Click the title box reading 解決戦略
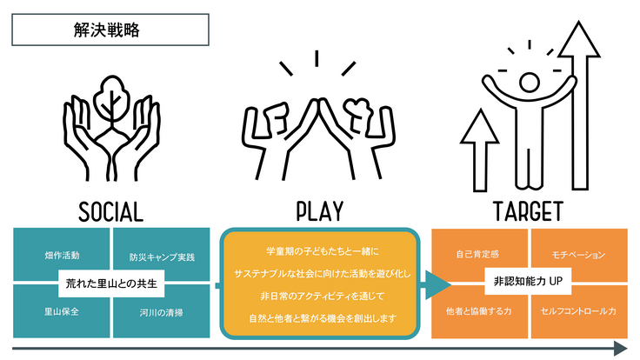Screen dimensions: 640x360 coord(110,30)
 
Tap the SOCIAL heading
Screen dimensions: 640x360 coord(110,212)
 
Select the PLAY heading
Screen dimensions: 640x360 coord(320,211)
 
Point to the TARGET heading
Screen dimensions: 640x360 coord(528,211)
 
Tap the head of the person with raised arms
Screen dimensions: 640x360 coord(529,83)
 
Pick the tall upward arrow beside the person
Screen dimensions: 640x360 coord(579,106)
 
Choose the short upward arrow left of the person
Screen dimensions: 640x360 coord(480,150)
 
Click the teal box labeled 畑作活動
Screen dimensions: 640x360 coord(61,254)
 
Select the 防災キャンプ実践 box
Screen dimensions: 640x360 coord(162,254)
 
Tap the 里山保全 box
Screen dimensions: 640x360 coord(61,311)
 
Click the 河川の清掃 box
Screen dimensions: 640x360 coord(162,311)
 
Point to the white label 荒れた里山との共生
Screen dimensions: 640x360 coord(111,283)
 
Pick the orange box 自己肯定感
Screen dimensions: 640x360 coord(479,255)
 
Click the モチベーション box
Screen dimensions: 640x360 coord(579,255)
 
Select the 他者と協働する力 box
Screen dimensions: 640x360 coord(479,312)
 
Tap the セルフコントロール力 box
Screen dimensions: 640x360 coord(579,312)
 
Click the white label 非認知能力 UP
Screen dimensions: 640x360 coord(528,281)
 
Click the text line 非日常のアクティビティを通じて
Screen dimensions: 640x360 coord(323,296)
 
